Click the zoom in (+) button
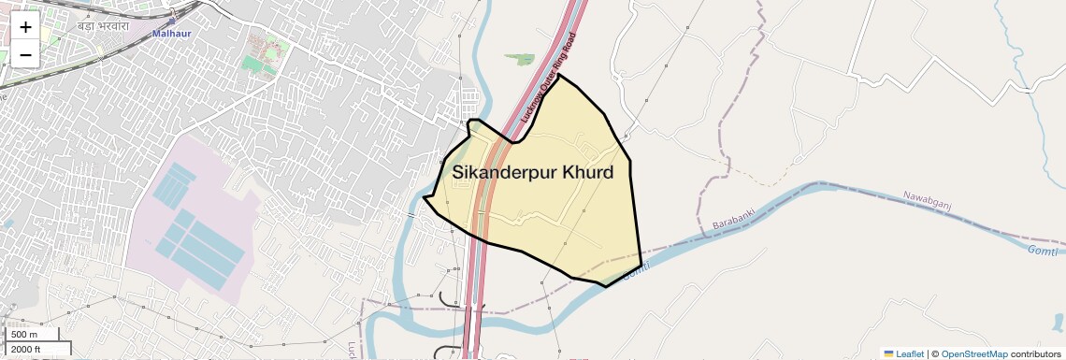25,27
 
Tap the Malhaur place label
171,34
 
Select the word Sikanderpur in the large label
504,173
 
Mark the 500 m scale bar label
24,335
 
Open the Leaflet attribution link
910,354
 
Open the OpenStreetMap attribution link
973,354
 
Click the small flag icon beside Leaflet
888,354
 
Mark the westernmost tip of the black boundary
424,197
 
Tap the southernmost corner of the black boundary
606,286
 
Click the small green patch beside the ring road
519,59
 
